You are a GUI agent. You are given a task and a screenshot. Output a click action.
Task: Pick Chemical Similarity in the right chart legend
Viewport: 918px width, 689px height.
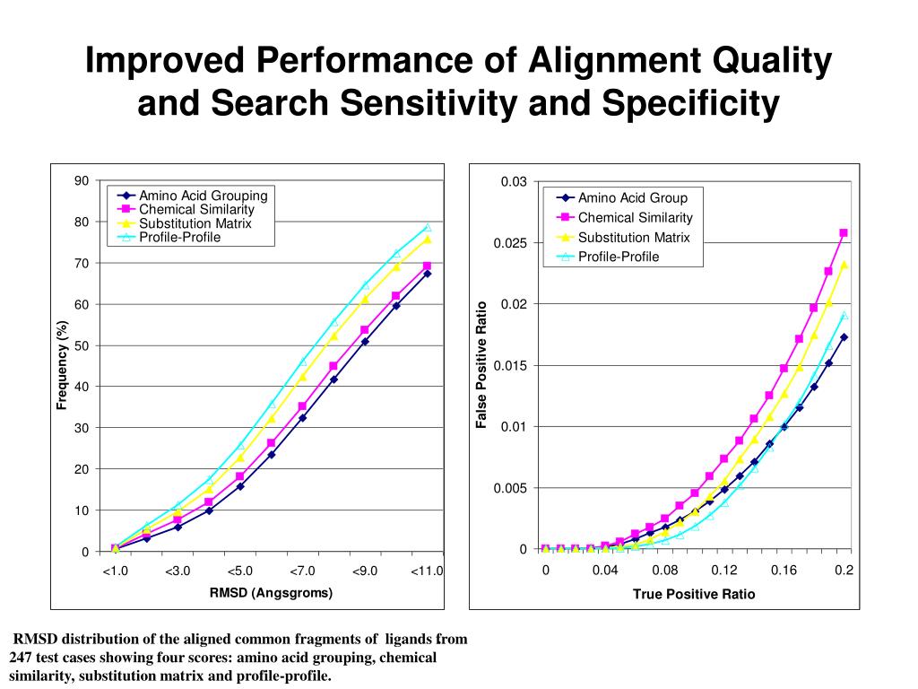[635, 217]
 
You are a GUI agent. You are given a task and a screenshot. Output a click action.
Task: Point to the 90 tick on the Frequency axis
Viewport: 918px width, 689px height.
[82, 180]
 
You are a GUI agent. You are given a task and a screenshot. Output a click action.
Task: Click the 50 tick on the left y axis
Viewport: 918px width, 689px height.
[82, 345]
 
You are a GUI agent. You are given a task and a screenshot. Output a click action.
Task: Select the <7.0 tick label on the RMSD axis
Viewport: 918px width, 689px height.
[302, 571]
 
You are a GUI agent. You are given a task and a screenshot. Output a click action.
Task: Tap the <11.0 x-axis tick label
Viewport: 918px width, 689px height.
[427, 571]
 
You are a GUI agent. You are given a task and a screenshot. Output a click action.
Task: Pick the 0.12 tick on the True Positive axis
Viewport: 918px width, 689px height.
[724, 571]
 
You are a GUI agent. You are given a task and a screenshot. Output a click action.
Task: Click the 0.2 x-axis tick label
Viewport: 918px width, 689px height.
[844, 571]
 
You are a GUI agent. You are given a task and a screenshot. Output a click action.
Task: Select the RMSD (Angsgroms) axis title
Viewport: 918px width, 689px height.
[271, 592]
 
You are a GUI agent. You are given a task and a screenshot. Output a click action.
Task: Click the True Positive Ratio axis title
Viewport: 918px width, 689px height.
[694, 594]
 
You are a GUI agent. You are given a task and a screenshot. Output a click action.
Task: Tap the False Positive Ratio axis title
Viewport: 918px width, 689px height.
[481, 364]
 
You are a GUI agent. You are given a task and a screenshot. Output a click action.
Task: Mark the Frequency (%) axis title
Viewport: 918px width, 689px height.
[62, 364]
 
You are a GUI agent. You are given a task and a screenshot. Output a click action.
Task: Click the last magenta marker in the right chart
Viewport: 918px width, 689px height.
[844, 233]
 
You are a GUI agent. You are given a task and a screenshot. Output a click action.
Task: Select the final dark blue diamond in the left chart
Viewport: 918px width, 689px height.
[427, 274]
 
